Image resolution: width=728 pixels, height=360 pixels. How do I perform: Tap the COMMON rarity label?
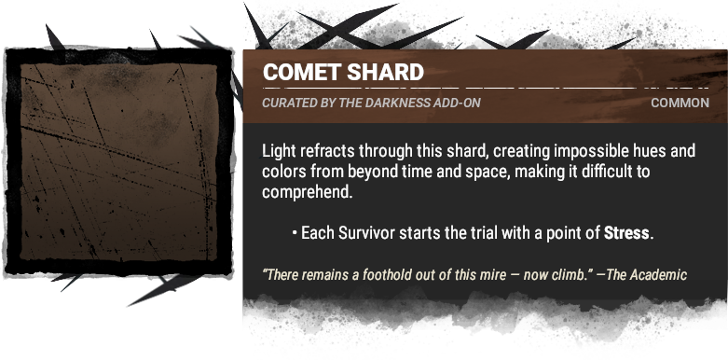pos(680,103)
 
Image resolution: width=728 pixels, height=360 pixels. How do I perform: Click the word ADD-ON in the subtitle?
pos(458,103)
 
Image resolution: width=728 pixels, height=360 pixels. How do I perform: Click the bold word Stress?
pos(627,232)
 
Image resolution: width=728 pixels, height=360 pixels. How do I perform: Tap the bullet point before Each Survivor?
pos(294,232)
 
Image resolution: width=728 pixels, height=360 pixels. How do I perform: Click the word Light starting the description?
pos(279,151)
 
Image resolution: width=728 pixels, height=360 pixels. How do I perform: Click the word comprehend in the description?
pos(307,192)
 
